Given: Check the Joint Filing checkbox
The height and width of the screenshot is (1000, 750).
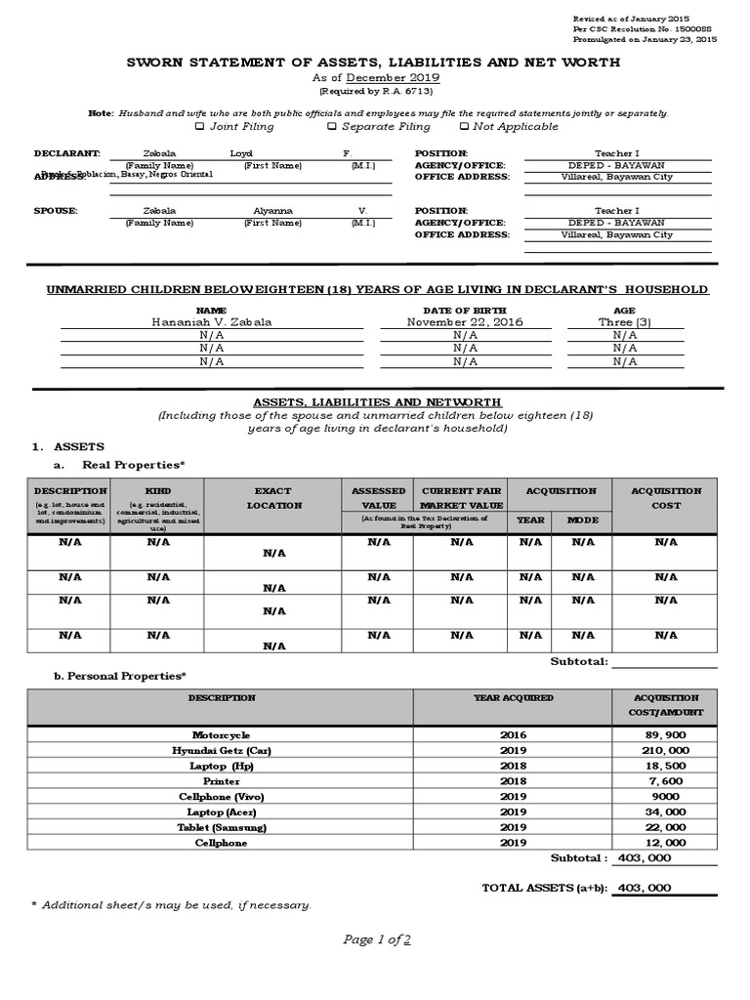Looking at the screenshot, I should coord(200,126).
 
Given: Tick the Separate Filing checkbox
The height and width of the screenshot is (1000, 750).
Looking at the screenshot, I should coord(332,126).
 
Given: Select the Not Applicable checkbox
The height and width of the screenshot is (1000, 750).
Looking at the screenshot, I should coord(464,126).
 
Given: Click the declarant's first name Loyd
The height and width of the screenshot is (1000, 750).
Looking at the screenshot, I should coord(240,154).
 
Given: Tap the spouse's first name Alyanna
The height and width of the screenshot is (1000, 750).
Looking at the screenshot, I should coord(272,210).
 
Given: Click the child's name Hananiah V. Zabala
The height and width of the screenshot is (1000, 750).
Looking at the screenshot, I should coord(212,322).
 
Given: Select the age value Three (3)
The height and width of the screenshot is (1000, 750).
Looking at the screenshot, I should coord(624,322).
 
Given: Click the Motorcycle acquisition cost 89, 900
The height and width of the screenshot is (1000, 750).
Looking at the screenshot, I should coord(664,734).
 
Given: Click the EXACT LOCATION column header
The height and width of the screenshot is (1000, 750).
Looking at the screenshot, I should coord(274,498).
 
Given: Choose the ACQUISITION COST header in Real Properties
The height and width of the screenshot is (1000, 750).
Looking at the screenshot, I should coord(666,498).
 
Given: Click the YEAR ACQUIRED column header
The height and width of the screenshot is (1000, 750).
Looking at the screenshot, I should coord(513,698).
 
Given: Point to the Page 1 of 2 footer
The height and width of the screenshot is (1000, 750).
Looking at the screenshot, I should coord(376,939).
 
